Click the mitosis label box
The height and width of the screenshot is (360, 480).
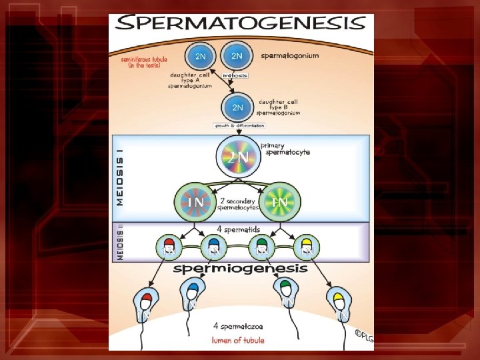coord(235,75)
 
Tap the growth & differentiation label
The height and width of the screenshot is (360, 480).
coord(239,125)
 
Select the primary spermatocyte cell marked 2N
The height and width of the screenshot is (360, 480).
coord(238,157)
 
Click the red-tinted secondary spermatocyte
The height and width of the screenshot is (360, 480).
coord(195,201)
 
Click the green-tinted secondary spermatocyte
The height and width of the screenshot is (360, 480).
coord(280,201)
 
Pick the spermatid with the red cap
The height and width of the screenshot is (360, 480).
coord(169,247)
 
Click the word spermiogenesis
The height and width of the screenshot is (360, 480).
coord(241,269)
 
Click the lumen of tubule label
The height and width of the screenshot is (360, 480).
coord(238,340)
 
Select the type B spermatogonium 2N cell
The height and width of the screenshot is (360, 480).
coord(238,107)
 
